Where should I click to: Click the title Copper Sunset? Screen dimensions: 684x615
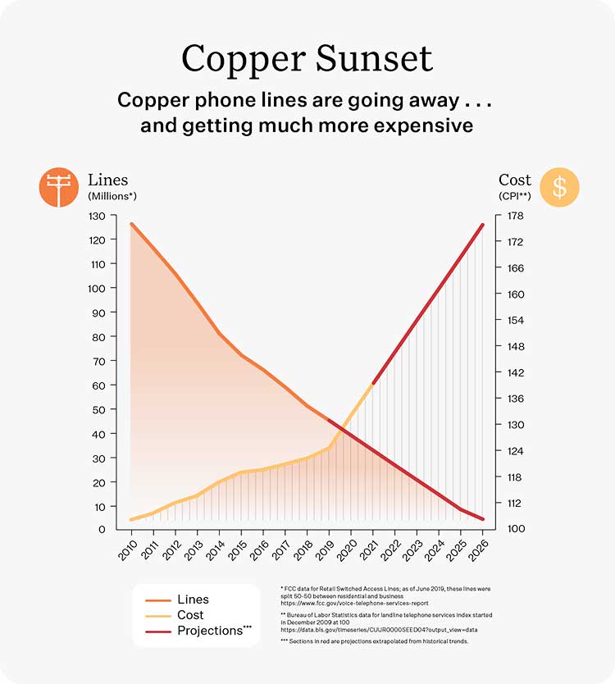coord(307,59)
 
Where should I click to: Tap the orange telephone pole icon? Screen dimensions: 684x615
coord(58,188)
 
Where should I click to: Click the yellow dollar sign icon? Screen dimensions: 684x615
coord(559,188)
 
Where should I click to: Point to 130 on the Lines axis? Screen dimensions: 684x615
coord(98,216)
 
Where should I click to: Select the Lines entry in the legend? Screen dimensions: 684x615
coord(193,600)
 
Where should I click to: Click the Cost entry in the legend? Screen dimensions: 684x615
coord(191,615)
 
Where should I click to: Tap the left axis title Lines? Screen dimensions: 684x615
coord(108,180)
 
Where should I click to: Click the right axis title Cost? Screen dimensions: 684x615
coord(515,180)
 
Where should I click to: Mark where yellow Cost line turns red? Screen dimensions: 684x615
coord(372,383)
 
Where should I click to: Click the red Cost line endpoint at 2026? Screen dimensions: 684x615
coord(482,224)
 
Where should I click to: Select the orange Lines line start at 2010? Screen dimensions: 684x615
coord(131,223)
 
